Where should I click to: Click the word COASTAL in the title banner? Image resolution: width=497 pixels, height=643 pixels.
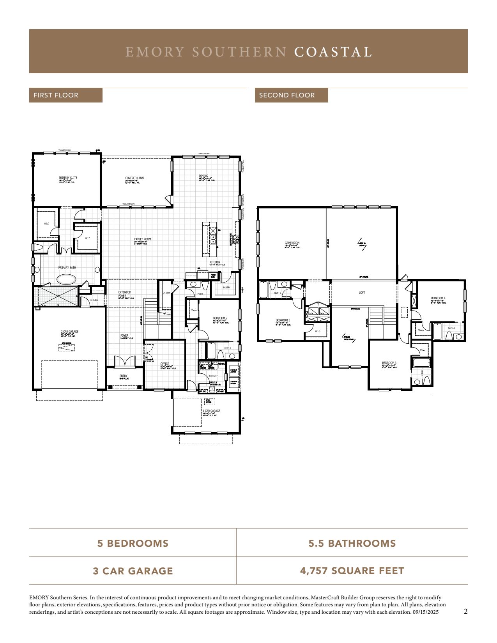click(333, 52)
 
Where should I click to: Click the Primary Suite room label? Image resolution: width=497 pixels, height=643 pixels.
click(68, 178)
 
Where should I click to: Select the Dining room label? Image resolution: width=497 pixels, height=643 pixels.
click(203, 176)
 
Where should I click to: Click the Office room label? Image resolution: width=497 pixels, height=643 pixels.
click(164, 364)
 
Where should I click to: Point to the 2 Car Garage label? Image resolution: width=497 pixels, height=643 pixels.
click(69, 332)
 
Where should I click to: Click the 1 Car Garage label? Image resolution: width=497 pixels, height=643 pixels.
click(211, 411)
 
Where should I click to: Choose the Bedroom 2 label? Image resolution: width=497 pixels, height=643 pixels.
click(220, 318)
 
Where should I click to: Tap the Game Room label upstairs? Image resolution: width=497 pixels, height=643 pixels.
click(292, 243)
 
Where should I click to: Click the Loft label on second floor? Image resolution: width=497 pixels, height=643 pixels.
click(362, 293)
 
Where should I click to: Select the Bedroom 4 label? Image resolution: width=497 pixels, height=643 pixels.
click(438, 299)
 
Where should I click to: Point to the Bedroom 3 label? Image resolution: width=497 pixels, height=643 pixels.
click(389, 363)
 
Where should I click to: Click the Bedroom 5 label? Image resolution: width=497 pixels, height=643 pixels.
click(283, 321)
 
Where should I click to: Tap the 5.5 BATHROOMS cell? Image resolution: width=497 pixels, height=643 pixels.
click(352, 543)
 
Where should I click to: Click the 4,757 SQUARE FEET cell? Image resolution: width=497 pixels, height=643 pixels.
click(352, 571)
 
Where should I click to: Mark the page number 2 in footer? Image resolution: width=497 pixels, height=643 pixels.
click(465, 611)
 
